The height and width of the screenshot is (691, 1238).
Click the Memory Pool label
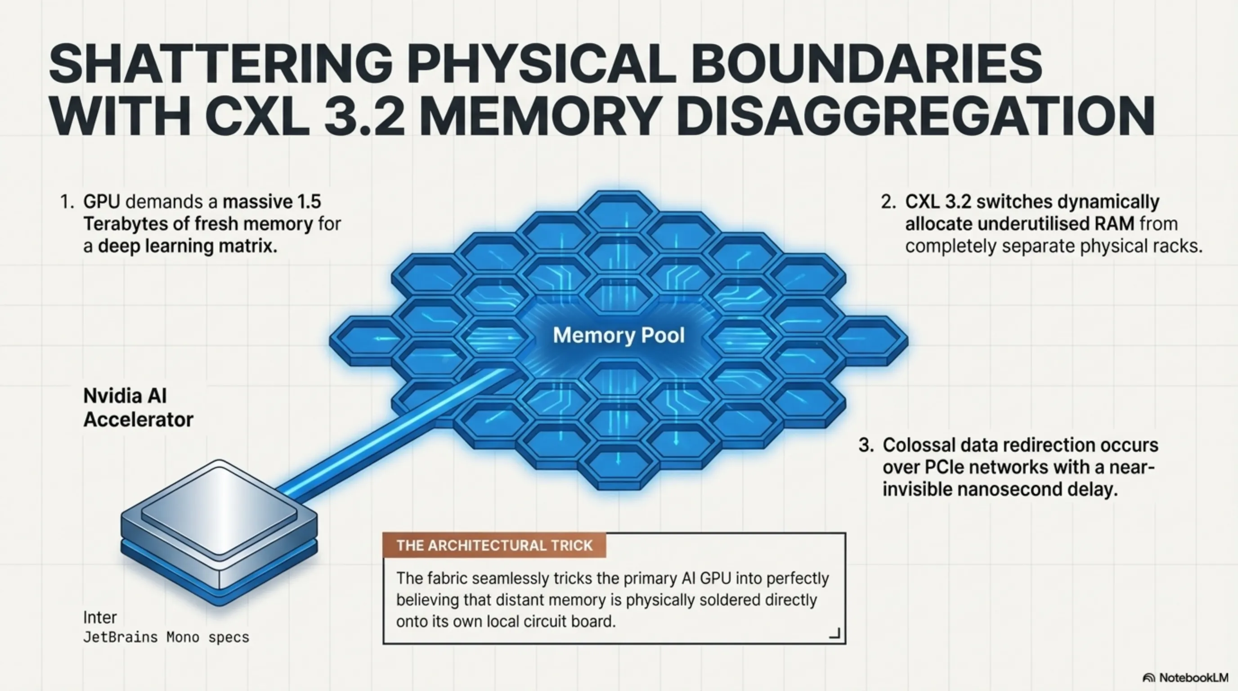(x=619, y=336)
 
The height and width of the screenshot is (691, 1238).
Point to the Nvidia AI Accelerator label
(x=138, y=408)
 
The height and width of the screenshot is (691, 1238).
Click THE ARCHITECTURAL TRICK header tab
(x=494, y=545)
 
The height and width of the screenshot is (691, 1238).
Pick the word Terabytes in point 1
(x=135, y=224)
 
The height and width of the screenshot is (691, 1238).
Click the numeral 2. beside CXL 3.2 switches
(x=888, y=202)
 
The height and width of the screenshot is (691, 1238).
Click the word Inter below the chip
(x=100, y=617)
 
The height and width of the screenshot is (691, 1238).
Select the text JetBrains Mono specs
(x=166, y=637)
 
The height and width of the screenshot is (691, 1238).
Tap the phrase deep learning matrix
(x=188, y=246)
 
